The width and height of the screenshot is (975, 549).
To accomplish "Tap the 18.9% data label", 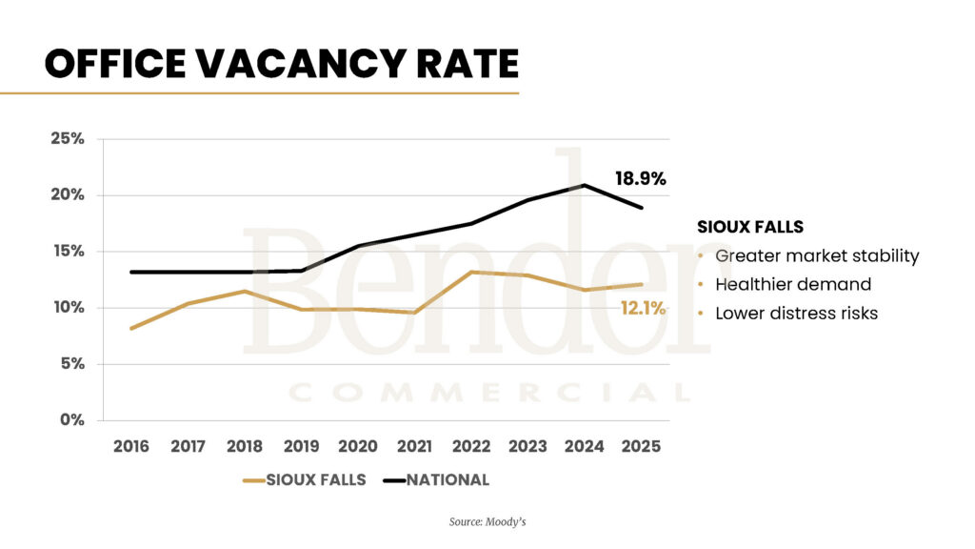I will (x=640, y=178).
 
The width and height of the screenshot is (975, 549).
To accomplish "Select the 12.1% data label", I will (x=643, y=308).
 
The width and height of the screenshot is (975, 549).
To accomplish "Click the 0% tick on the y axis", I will (x=71, y=419).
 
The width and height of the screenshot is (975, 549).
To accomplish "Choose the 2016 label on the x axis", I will (x=131, y=446).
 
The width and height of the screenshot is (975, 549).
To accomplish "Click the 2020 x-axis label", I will (x=358, y=446).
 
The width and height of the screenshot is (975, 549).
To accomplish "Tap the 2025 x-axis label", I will (x=641, y=446).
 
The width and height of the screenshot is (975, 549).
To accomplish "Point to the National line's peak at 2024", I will (x=584, y=185).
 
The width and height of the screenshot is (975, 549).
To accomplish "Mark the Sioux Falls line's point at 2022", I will (x=470, y=272).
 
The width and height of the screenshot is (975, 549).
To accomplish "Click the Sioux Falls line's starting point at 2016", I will (x=131, y=328).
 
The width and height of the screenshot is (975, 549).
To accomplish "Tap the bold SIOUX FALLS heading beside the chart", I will (x=750, y=228).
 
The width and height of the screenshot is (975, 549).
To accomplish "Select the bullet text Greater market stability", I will (x=817, y=255).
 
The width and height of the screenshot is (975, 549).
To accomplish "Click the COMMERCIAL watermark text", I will (x=487, y=393).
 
